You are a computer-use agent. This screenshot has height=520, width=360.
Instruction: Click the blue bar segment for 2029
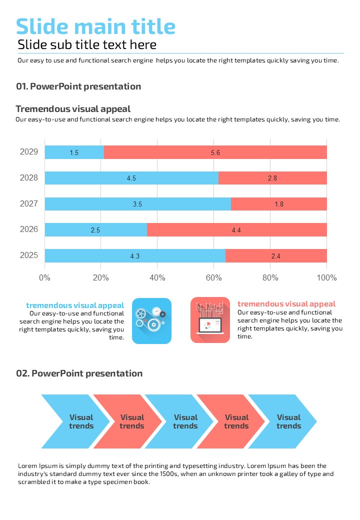tap(74, 152)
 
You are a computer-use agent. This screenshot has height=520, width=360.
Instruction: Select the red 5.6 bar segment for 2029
tap(215, 152)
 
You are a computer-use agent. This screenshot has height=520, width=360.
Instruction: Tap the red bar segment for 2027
tap(278, 204)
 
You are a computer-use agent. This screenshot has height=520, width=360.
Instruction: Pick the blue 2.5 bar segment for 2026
tap(95, 230)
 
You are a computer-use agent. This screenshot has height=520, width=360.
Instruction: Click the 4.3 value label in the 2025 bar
tap(134, 256)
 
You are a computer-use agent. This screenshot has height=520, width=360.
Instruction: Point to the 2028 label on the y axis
tap(29, 177)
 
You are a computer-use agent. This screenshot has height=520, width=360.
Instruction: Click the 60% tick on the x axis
tap(213, 278)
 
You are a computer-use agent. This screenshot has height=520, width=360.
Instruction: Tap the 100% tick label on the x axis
tap(327, 278)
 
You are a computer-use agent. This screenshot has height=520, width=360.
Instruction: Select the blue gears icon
tap(151, 320)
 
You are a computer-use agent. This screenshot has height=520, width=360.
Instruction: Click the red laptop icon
tap(210, 320)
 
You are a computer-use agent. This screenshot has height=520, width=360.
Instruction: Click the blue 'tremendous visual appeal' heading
tap(75, 305)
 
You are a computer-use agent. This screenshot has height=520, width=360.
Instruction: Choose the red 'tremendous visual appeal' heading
tap(286, 304)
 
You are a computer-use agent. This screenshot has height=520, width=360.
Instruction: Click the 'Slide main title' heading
tap(95, 26)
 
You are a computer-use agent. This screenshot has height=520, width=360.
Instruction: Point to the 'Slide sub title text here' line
tap(87, 45)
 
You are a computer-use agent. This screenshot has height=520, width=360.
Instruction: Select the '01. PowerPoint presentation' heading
tap(78, 86)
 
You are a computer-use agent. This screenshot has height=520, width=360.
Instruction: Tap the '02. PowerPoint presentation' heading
tap(79, 373)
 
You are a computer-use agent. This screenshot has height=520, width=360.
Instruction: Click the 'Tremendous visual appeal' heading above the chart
tap(73, 109)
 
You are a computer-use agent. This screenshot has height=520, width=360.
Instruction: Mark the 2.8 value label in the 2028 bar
tap(272, 178)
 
